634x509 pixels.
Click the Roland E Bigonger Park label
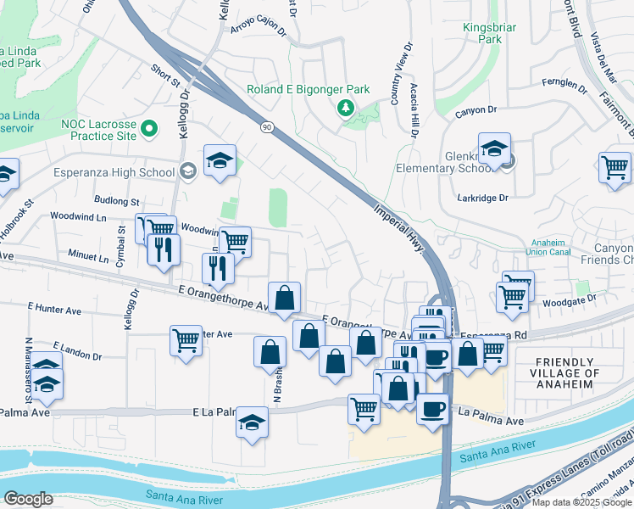click(x=309, y=89)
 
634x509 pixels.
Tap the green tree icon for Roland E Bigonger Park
click(x=345, y=107)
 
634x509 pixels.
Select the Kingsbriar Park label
click(x=489, y=33)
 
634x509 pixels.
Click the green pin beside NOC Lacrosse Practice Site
click(x=149, y=129)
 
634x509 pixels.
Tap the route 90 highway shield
click(x=266, y=126)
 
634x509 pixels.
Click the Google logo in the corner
click(x=28, y=498)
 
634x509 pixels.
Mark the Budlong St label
click(x=117, y=201)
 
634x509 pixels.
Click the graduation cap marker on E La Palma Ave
click(x=252, y=422)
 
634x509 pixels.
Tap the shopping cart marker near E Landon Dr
click(x=186, y=341)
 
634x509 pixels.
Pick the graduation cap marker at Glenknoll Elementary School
click(x=494, y=148)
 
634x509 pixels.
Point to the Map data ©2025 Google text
click(x=581, y=502)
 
